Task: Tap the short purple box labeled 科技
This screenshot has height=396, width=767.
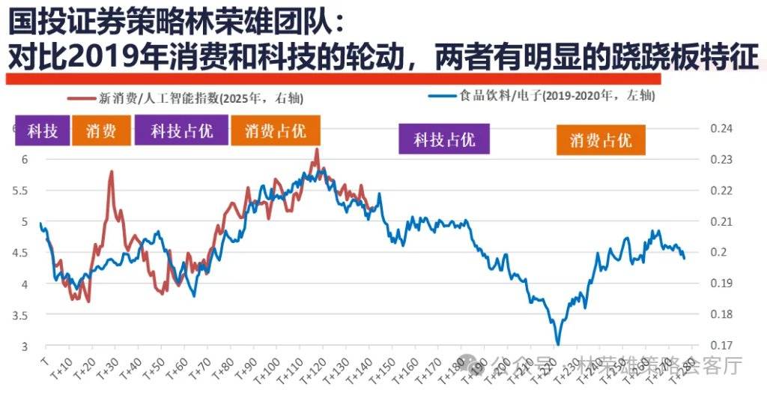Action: (x=43, y=131)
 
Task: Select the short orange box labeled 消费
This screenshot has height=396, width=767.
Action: (x=101, y=131)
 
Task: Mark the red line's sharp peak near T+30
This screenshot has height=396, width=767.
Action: (x=112, y=172)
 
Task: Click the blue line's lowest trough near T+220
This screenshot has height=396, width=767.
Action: (x=557, y=343)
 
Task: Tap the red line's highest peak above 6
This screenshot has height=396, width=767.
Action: (x=316, y=149)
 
